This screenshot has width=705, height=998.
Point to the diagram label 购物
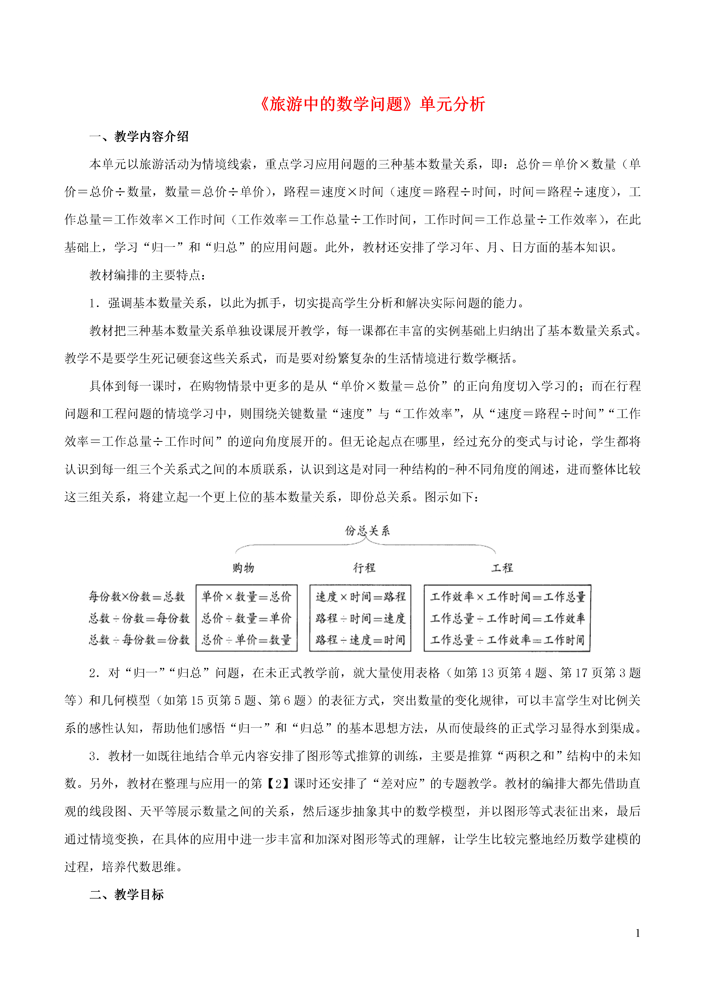click(243, 568)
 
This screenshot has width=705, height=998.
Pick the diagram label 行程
click(364, 568)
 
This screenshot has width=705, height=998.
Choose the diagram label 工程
click(502, 568)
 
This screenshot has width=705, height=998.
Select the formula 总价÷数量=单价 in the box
click(246, 618)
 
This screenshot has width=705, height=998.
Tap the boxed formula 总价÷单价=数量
click(246, 639)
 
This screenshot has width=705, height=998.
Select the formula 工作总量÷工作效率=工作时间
click(507, 639)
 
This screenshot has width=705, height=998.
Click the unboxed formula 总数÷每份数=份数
click(139, 639)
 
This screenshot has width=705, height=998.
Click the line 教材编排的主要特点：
click(148, 275)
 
